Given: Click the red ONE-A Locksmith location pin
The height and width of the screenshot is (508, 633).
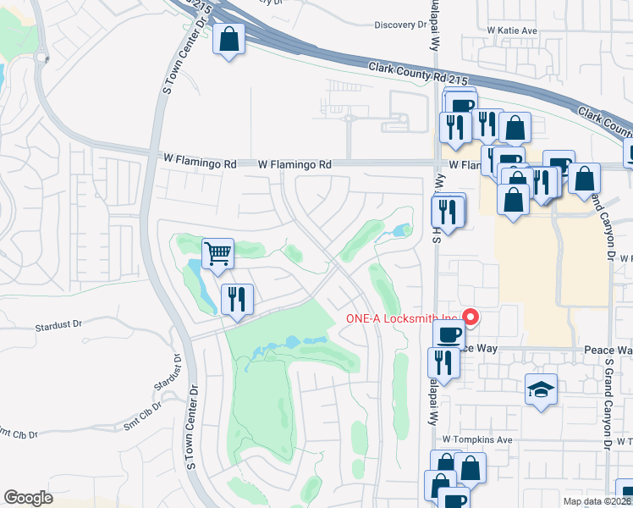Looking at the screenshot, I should click(471, 318).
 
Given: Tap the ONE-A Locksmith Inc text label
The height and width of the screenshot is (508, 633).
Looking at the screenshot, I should click(403, 319).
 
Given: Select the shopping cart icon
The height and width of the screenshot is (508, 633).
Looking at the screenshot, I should click(218, 253).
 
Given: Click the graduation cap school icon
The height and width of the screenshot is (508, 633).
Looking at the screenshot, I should click(541, 389).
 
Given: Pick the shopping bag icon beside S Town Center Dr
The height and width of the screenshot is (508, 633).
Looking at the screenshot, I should click(228, 39).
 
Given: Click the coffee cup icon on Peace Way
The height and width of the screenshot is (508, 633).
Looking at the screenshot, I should click(448, 335).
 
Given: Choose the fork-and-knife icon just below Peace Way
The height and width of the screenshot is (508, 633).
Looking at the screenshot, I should click(444, 362).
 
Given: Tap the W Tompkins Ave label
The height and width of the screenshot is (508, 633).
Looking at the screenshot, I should click(478, 440).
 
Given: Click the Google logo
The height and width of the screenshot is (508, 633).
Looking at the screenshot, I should click(29, 498).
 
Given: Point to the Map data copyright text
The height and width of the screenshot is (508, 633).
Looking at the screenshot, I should click(597, 501).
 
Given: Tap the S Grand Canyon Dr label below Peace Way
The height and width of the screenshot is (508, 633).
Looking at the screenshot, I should click(608, 406).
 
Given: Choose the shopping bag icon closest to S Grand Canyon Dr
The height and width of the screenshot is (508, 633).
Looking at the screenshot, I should click(584, 179).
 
